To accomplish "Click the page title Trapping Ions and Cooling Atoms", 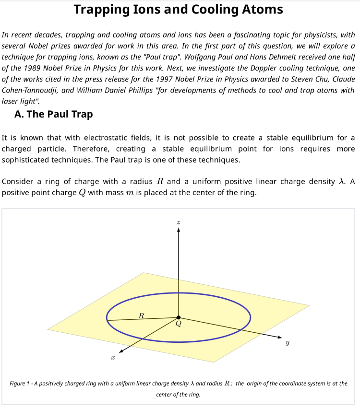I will [x=179, y=10].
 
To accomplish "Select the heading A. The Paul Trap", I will [x=54, y=114].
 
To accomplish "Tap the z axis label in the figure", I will [x=179, y=222].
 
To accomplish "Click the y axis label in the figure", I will [x=287, y=343].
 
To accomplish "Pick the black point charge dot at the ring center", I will [x=179, y=317].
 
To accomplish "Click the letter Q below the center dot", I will [x=179, y=324].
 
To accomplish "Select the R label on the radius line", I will [x=141, y=315].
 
